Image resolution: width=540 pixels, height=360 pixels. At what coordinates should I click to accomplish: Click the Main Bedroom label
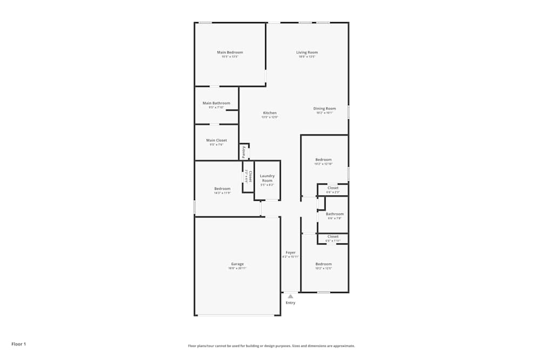click(230, 52)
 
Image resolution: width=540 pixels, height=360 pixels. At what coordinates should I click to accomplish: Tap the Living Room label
click(307, 52)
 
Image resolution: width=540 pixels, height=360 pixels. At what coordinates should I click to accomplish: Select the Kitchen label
click(269, 113)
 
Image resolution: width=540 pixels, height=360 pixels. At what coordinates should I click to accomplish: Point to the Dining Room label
click(325, 108)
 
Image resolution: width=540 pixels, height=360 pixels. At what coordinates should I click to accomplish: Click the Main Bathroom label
click(216, 103)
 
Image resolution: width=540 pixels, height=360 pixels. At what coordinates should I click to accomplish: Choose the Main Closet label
click(216, 140)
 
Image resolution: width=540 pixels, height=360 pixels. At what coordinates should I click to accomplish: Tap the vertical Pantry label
click(244, 151)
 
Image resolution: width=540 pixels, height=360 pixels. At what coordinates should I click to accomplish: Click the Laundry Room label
click(267, 178)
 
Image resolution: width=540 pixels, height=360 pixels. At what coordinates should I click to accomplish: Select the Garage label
click(238, 264)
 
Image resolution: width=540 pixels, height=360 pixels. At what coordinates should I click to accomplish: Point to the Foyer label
click(291, 253)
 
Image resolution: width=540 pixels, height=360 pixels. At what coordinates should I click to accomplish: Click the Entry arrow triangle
click(291, 296)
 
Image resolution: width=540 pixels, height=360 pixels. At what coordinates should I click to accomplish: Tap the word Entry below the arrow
click(291, 303)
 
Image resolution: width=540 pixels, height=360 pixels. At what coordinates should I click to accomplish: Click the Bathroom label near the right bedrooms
click(334, 214)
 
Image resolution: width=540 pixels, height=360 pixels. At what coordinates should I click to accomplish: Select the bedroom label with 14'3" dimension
click(222, 189)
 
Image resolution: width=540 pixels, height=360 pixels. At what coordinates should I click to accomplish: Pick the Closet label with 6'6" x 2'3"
click(333, 188)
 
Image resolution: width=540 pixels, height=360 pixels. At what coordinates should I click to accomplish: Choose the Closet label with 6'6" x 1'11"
click(333, 236)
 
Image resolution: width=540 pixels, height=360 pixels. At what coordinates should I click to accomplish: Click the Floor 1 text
click(18, 344)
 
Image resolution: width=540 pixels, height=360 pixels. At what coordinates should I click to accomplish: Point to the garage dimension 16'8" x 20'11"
click(238, 268)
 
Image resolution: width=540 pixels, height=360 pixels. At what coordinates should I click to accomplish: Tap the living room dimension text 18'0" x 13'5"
click(307, 57)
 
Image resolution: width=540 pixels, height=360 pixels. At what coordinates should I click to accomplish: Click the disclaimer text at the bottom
click(271, 346)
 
